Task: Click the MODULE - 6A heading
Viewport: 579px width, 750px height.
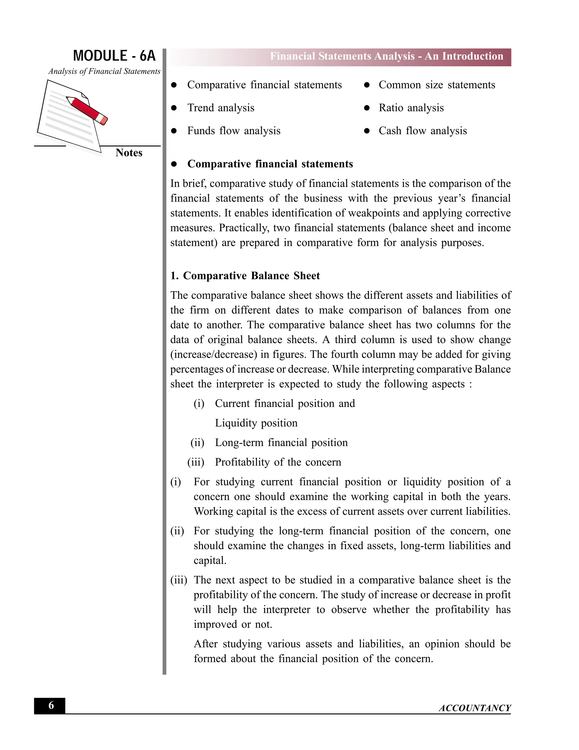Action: (114, 56)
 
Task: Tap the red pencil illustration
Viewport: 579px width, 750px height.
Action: (87, 110)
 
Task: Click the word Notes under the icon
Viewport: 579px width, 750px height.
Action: (129, 153)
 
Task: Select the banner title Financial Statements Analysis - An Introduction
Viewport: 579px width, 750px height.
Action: (386, 56)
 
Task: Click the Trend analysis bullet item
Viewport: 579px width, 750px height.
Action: (221, 108)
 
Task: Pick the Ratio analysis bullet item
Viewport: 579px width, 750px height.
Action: (411, 108)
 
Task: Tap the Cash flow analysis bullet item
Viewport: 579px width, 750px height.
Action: (423, 131)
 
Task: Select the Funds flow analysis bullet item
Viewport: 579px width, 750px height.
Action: (234, 131)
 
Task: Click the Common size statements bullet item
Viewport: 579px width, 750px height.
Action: (437, 85)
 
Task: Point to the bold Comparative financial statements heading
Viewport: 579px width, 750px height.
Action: (270, 164)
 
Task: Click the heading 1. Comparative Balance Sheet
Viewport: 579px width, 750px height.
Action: (245, 276)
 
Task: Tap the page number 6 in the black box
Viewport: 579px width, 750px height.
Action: (51, 705)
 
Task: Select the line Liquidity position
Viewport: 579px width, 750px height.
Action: (256, 423)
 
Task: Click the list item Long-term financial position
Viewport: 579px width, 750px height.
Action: (281, 443)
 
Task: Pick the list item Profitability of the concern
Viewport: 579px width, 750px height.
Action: (278, 462)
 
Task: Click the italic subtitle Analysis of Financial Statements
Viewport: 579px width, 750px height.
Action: (104, 71)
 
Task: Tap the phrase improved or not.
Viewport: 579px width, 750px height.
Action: (233, 624)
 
